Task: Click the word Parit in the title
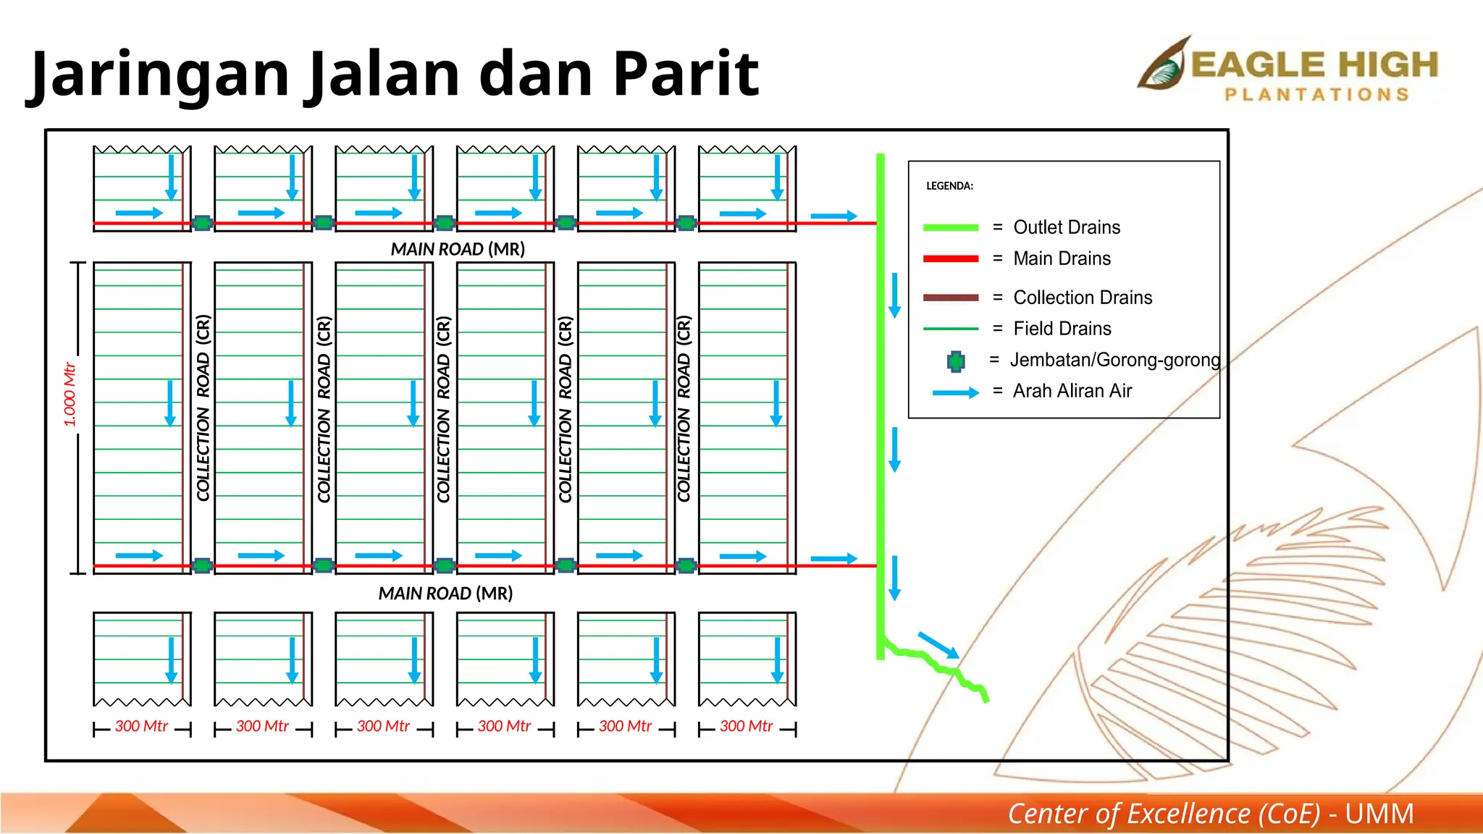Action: point(685,74)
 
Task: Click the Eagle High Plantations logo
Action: point(1287,70)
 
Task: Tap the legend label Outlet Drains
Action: point(1066,227)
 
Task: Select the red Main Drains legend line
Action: point(950,258)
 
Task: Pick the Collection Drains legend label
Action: point(1082,298)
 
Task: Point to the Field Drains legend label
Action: point(1062,329)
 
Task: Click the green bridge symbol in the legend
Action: point(956,361)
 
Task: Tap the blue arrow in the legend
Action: point(955,392)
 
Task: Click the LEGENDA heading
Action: point(949,186)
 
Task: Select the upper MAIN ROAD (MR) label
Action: point(458,249)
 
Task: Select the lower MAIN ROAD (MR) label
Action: point(445,594)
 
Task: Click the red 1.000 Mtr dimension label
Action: point(70,395)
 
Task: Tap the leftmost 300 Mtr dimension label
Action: point(142,726)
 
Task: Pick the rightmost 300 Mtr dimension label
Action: point(747,726)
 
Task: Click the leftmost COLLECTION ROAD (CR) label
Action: point(203,408)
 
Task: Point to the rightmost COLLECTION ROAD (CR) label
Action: point(684,408)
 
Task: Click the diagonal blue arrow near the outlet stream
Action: point(938,645)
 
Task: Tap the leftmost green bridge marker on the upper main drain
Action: point(203,223)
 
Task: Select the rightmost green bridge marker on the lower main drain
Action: point(686,565)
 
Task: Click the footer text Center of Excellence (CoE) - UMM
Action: point(1210,814)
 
